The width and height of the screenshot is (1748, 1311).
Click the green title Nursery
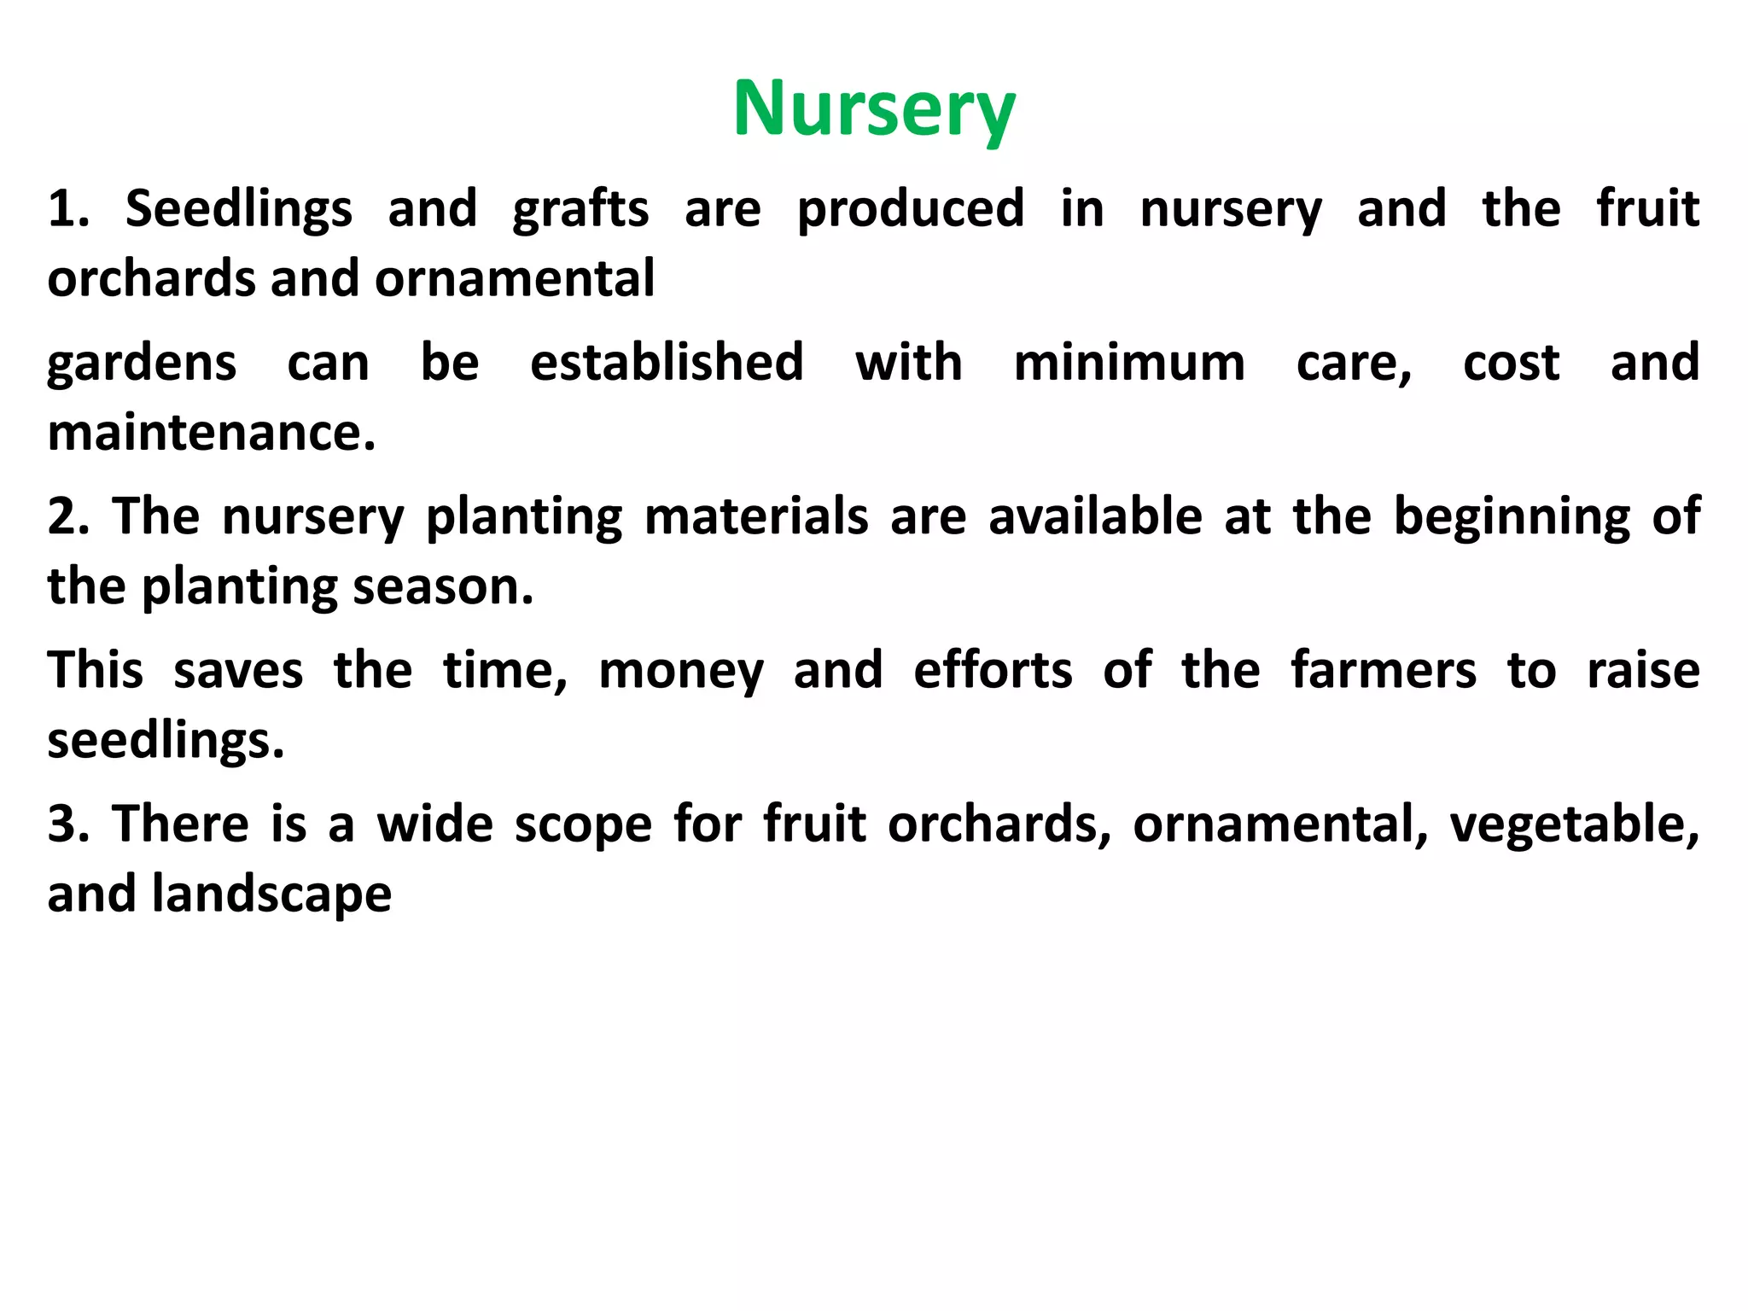click(874, 109)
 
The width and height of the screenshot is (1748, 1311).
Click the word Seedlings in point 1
click(238, 209)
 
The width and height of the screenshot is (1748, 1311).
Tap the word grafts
click(580, 209)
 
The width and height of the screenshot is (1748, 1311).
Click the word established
click(667, 363)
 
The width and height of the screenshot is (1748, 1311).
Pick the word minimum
click(1129, 363)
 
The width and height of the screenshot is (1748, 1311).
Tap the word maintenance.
click(211, 432)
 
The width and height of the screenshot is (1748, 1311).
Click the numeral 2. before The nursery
click(68, 516)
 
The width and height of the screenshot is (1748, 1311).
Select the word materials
click(755, 516)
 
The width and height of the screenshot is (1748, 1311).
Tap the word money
click(680, 671)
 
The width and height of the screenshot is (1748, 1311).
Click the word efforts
click(992, 670)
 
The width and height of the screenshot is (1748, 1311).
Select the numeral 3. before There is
click(68, 824)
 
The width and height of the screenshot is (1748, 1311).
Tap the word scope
click(583, 826)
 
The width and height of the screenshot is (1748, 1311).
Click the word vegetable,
click(1574, 826)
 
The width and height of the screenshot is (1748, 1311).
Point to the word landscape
click(271, 894)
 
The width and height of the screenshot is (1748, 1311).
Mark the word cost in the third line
click(1511, 363)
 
